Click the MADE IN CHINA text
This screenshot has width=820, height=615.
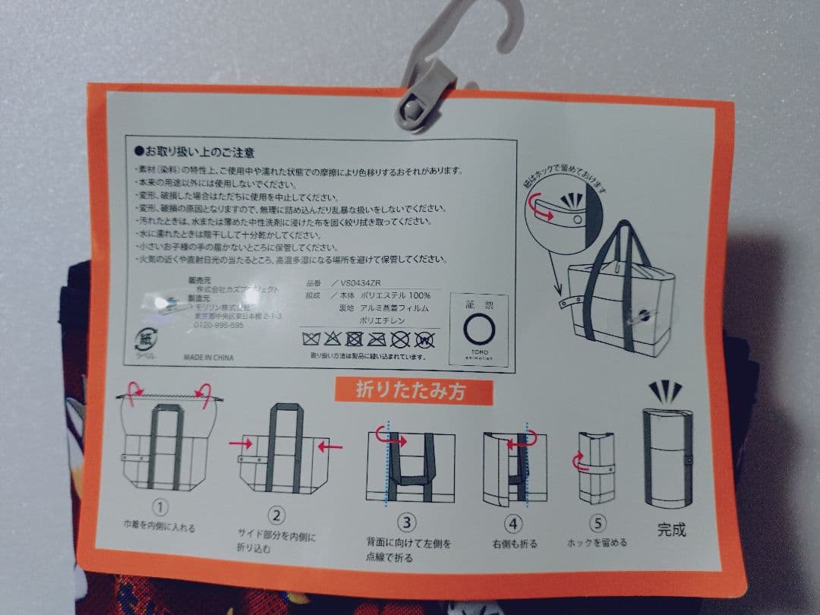click(208, 357)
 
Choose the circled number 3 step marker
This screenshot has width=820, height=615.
click(408, 522)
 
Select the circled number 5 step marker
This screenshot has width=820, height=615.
click(597, 523)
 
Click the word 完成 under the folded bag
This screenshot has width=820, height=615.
click(671, 530)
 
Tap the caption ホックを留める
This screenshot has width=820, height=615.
click(597, 542)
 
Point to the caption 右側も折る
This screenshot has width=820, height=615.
click(515, 543)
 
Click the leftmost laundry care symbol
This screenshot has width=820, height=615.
click(310, 338)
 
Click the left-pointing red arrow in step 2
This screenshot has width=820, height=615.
click(330, 446)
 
